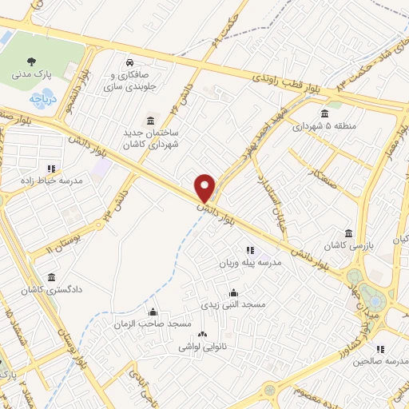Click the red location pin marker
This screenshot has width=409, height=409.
pyautogui.click(x=205, y=187)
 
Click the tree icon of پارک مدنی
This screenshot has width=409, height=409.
pyautogui.click(x=31, y=61)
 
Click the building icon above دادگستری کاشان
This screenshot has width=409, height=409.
pyautogui.click(x=52, y=277)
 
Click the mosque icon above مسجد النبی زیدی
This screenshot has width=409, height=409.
pyautogui.click(x=232, y=292)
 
